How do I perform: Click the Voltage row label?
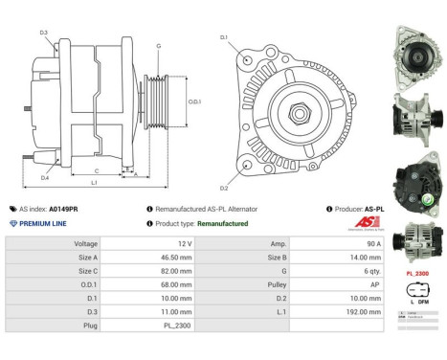tap(85, 244)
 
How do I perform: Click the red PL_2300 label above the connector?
tap(416, 274)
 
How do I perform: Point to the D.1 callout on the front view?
tap(224, 37)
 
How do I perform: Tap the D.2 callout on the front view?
tap(224, 188)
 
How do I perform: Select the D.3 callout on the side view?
tap(44, 33)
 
